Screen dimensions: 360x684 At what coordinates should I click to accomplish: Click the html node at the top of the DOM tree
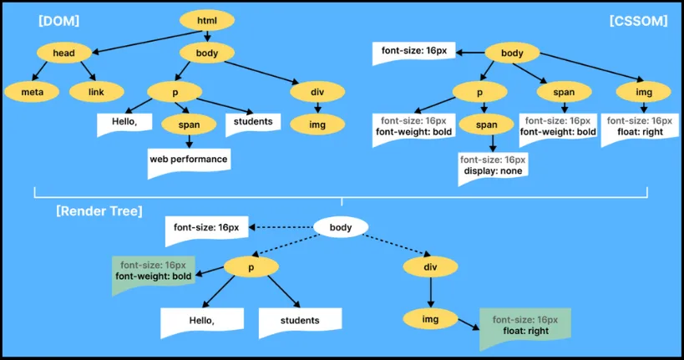(x=206, y=20)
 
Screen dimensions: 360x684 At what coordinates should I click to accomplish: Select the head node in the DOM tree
(x=63, y=53)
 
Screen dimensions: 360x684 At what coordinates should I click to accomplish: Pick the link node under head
(x=96, y=90)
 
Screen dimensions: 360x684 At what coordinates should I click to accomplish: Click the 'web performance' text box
(x=188, y=159)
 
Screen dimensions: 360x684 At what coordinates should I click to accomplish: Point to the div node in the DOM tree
(x=317, y=90)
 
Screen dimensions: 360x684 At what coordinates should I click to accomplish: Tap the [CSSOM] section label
(x=638, y=21)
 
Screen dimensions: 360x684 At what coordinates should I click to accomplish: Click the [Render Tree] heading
(x=99, y=210)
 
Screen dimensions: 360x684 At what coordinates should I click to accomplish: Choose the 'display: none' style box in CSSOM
(x=492, y=165)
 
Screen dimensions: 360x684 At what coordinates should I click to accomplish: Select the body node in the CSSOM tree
(x=512, y=53)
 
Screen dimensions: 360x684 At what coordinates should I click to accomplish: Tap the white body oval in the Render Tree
(x=341, y=227)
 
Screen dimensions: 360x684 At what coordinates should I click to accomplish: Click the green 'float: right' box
(x=524, y=326)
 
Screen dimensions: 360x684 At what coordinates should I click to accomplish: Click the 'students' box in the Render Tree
(x=300, y=320)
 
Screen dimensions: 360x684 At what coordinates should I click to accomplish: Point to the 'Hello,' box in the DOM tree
(x=124, y=123)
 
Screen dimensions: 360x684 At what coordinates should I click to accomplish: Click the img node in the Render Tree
(x=429, y=319)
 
